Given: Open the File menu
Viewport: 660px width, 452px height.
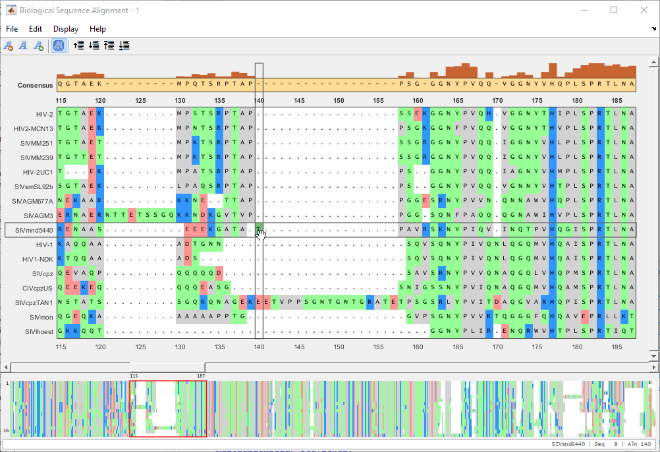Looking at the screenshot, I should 12,29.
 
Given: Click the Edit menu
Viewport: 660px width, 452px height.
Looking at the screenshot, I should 36,29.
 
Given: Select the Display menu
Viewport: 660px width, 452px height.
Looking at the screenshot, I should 66,29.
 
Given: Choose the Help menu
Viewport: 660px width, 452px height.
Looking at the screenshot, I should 97,29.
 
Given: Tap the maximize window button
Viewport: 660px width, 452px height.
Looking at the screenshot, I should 614,10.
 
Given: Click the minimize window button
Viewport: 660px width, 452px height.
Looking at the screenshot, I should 584,10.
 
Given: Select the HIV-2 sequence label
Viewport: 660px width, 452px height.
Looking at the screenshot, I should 45,114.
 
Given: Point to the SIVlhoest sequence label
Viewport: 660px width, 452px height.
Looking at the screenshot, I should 39,331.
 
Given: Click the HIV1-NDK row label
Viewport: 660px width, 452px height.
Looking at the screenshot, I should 38,259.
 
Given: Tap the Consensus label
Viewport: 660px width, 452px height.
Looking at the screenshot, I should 35,85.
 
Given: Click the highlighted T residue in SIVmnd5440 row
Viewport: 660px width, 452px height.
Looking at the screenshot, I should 260,229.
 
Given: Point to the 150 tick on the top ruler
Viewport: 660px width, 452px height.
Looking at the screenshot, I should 339,100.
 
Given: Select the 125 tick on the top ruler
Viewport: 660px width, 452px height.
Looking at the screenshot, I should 140,100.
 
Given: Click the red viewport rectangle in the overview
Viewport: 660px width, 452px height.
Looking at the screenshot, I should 168,409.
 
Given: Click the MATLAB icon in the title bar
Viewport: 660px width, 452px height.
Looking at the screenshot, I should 11,11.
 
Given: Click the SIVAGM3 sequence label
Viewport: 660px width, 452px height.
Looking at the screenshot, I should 38,215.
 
